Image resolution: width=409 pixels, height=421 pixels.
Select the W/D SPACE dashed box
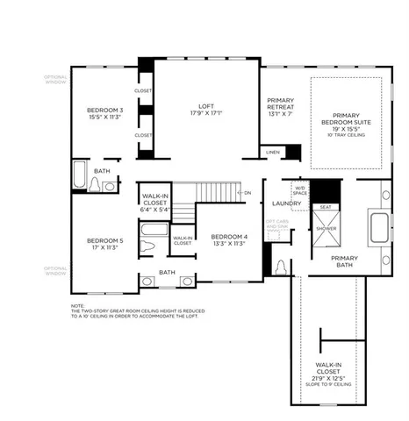(x=299, y=189)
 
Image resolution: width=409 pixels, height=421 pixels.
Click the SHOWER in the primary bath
(x=326, y=227)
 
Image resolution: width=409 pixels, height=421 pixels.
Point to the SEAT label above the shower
(x=326, y=207)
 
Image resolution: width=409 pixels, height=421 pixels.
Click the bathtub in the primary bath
(x=378, y=227)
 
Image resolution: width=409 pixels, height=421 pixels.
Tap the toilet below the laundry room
(x=280, y=266)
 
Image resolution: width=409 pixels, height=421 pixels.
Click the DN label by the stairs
(x=248, y=192)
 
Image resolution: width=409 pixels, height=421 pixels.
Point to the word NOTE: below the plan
(x=78, y=305)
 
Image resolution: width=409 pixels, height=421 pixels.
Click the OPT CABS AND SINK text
(x=277, y=224)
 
